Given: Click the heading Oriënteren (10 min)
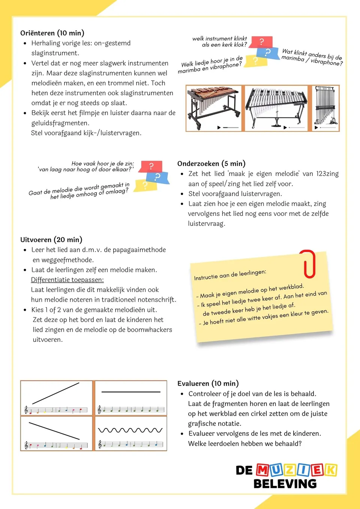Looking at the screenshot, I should click(x=52, y=33).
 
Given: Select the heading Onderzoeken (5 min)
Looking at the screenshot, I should click(x=211, y=163).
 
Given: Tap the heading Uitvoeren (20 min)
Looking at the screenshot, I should click(x=51, y=240).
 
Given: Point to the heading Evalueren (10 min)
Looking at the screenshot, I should click(x=208, y=383).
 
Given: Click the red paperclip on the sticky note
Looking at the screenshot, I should click(x=308, y=264).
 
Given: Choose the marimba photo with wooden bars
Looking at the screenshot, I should click(x=214, y=108).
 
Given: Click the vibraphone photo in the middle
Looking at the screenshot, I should click(x=276, y=108).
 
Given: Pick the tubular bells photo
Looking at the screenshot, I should click(x=325, y=108).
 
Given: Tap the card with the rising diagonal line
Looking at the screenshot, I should click(x=56, y=398).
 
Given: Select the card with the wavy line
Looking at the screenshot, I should click(x=131, y=433).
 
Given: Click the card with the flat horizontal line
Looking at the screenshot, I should click(x=131, y=398).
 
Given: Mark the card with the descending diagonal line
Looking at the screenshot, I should click(x=56, y=433).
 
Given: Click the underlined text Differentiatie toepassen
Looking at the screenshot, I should click(x=67, y=280).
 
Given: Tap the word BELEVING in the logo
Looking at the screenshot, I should click(x=285, y=484).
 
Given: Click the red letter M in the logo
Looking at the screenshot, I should click(x=262, y=470).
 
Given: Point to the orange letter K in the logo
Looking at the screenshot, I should click(x=330, y=470).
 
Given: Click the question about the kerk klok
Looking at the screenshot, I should click(x=220, y=42).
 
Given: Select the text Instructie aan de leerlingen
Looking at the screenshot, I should click(x=230, y=275).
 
